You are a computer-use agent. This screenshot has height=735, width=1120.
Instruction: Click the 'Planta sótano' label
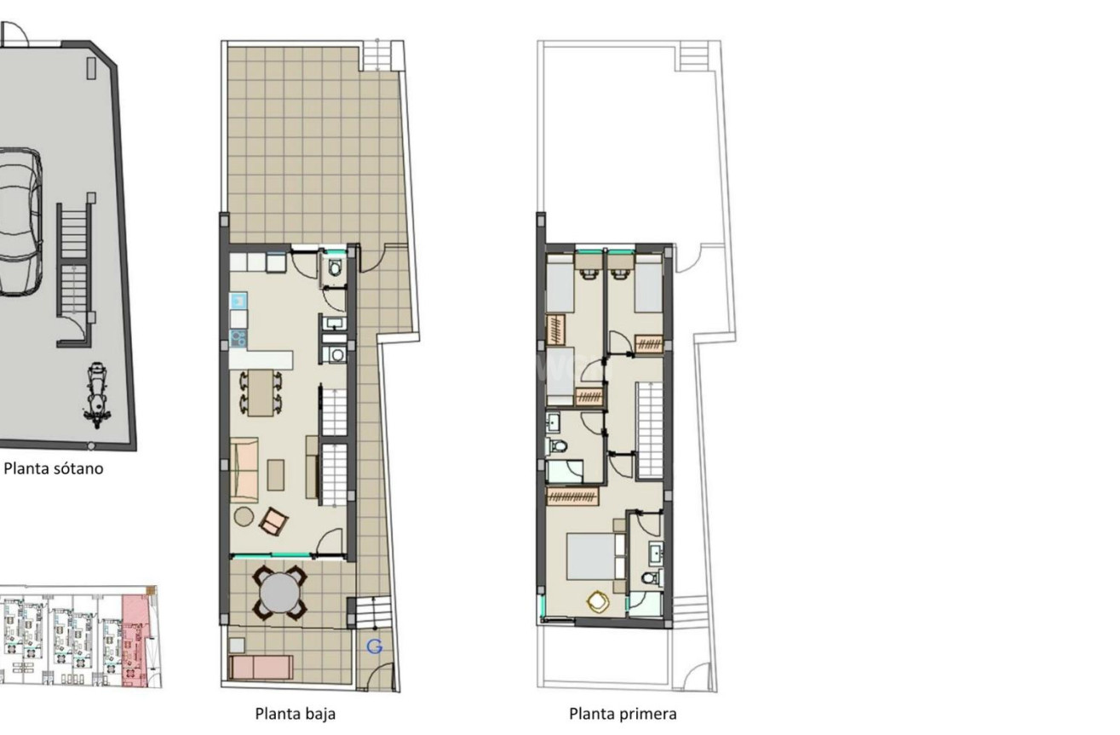(54, 468)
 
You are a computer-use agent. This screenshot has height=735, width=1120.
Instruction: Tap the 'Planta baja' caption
(295, 714)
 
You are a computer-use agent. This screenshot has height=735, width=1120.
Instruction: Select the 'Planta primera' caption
(623, 714)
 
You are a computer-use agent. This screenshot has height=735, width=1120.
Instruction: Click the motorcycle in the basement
(97, 395)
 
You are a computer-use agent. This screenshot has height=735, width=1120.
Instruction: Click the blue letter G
(375, 646)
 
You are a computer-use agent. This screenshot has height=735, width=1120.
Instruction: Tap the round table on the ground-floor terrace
(280, 593)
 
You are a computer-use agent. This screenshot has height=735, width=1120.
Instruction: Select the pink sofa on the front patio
(261, 668)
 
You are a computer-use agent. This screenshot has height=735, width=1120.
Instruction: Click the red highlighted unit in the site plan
(135, 641)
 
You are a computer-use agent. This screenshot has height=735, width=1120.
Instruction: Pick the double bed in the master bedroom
(595, 556)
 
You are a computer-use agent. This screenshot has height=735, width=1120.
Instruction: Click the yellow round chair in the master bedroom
(598, 601)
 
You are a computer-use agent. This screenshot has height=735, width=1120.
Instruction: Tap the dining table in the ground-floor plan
(261, 393)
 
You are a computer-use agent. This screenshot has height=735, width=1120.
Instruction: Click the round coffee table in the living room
(244, 516)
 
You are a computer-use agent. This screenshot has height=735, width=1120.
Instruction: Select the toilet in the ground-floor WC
(335, 268)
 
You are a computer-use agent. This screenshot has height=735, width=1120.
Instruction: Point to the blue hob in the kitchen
(238, 338)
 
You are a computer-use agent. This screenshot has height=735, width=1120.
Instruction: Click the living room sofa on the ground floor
(244, 470)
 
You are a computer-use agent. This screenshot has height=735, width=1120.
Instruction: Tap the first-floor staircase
(650, 430)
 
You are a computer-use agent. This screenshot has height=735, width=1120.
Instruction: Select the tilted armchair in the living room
(273, 521)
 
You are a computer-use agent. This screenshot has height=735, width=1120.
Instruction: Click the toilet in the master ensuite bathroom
(652, 578)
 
